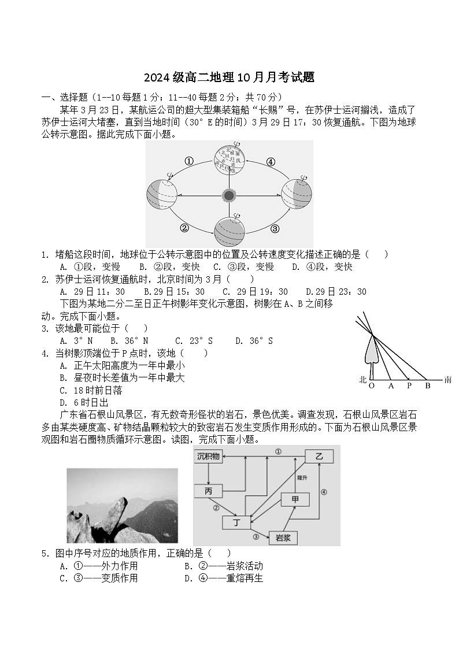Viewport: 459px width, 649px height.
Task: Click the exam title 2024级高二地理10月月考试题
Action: pyautogui.click(x=229, y=77)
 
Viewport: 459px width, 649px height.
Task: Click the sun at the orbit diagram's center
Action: pyautogui.click(x=229, y=195)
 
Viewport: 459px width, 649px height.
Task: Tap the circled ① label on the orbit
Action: pyautogui.click(x=189, y=161)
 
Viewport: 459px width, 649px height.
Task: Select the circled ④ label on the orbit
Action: pyautogui.click(x=271, y=162)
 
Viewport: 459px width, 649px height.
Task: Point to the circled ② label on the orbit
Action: pyautogui.click(x=184, y=228)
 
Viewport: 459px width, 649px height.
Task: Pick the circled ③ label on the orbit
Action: pyautogui.click(x=275, y=228)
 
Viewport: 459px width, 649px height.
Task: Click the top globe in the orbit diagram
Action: pyautogui.click(x=229, y=159)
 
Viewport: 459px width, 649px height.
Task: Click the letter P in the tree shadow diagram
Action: pyautogui.click(x=409, y=386)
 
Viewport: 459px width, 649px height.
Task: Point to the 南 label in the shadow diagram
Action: pyautogui.click(x=448, y=380)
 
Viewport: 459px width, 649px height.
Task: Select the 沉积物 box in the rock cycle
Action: pyautogui.click(x=208, y=457)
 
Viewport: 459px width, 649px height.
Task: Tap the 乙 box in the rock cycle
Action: pyautogui.click(x=319, y=456)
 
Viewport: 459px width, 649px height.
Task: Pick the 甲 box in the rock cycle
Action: pyautogui.click(x=295, y=499)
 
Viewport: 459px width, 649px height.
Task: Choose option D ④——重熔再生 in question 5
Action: pyautogui.click(x=224, y=578)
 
